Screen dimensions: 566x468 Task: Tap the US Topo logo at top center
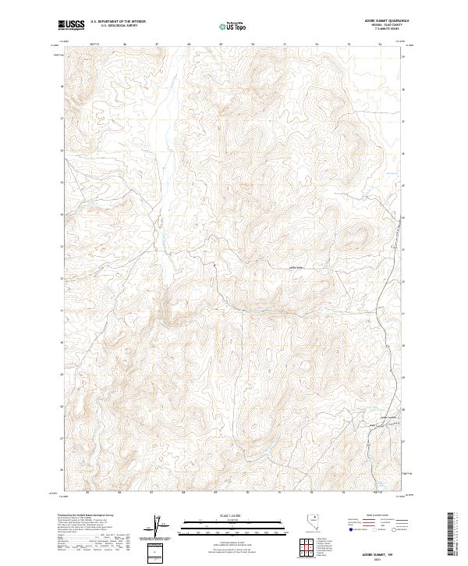point(233,26)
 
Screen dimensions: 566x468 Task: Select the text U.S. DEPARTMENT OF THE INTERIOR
point(118,22)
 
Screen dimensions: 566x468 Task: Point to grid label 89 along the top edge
point(222,44)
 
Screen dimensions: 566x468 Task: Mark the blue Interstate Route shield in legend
point(349,529)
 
